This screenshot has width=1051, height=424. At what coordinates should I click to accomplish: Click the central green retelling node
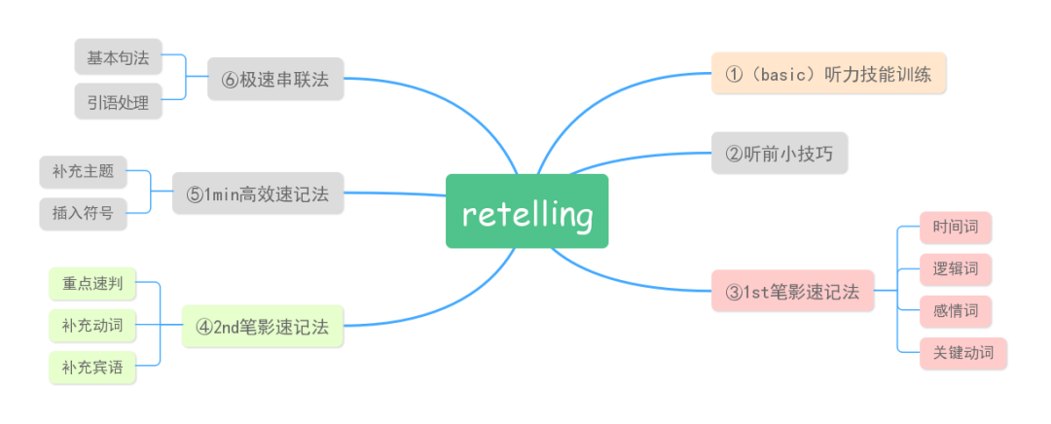coord(526,211)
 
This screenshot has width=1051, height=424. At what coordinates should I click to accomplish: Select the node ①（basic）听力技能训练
coord(829,73)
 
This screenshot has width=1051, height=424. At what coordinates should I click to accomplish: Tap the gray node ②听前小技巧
coord(779,153)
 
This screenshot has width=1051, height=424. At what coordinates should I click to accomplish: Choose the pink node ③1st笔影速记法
coord(792,291)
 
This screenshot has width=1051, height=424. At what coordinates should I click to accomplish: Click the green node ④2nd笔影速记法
coord(263,327)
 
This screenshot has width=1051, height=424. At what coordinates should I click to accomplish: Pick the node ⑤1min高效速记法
coord(258,194)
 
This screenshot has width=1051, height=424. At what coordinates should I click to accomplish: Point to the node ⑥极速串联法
coord(275,80)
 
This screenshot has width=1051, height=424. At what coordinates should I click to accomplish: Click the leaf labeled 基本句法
coord(118,57)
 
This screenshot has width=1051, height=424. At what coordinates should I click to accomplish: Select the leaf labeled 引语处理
coord(118,101)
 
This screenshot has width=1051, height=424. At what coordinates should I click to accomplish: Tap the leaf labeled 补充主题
coord(84,172)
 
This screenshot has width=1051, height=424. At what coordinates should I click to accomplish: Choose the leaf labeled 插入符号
coord(84,213)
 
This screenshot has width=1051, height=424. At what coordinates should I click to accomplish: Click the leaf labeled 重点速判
coord(92,284)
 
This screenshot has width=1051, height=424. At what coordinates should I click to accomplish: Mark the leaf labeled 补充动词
coord(92,326)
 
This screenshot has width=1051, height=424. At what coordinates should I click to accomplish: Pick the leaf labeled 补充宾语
coord(92,368)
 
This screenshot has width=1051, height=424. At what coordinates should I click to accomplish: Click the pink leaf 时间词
coord(956,228)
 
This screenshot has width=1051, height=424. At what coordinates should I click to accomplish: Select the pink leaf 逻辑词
coord(956,269)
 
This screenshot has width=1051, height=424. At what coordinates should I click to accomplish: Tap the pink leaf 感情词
coord(956,312)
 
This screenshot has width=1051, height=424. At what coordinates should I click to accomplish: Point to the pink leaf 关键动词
coord(963,354)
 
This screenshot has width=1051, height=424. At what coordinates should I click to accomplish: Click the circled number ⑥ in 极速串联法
coord(231,80)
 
